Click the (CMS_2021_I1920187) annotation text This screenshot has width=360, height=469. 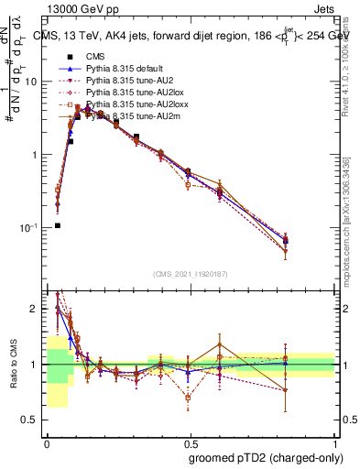[x=190, y=274]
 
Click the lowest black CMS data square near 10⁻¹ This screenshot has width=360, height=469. [x=57, y=225]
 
